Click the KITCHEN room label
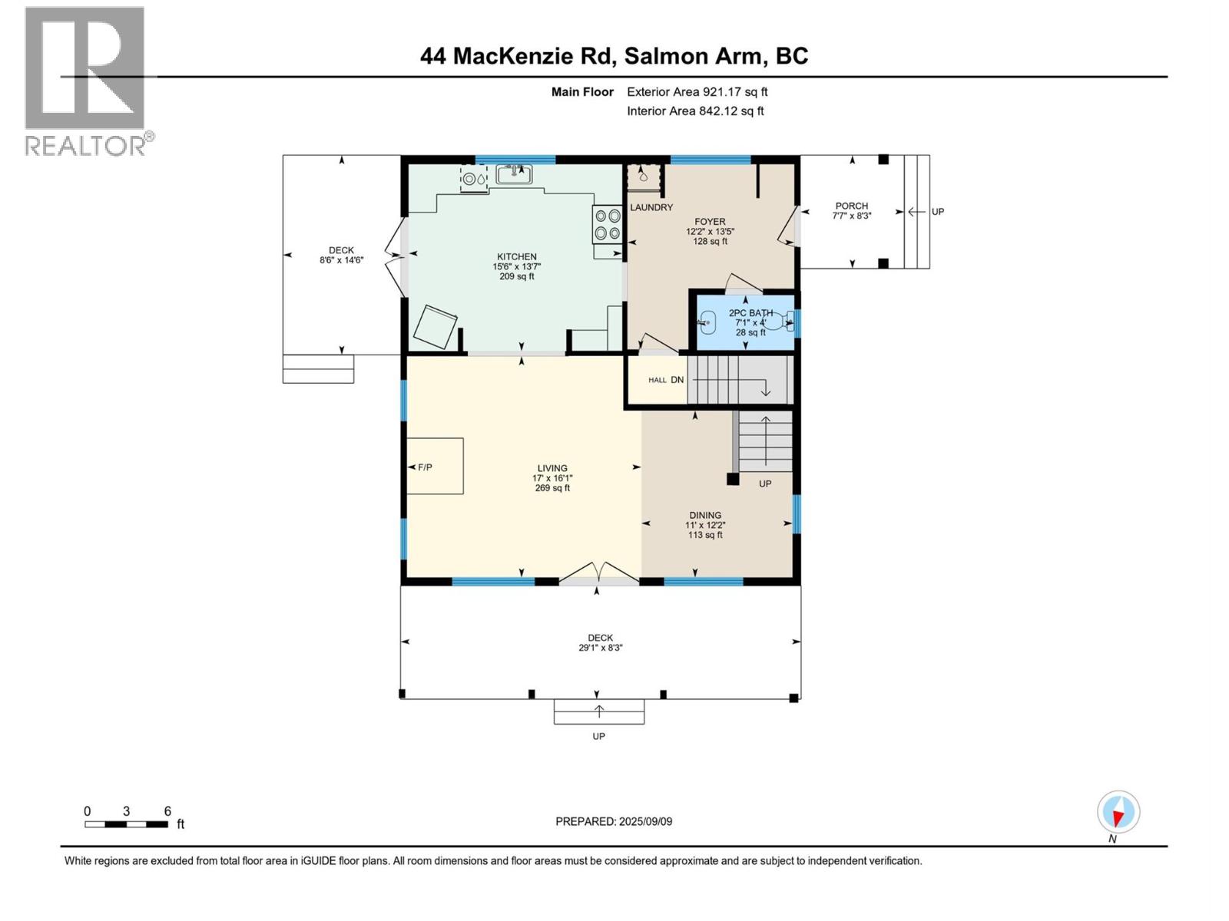tap(516, 257)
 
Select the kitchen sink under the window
tap(514, 175)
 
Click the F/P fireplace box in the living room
tap(435, 466)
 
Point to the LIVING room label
tap(552, 468)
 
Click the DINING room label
tap(704, 516)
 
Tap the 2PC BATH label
tap(750, 313)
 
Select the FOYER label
tap(710, 222)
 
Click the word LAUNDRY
tap(651, 208)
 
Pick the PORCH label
tap(851, 206)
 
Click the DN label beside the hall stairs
tap(677, 380)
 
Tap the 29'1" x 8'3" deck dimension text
tap(600, 648)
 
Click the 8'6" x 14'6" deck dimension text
tap(341, 260)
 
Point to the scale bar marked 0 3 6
tap(127, 824)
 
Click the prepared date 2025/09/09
tap(614, 821)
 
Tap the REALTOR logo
tap(86, 81)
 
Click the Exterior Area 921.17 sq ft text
tap(697, 92)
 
